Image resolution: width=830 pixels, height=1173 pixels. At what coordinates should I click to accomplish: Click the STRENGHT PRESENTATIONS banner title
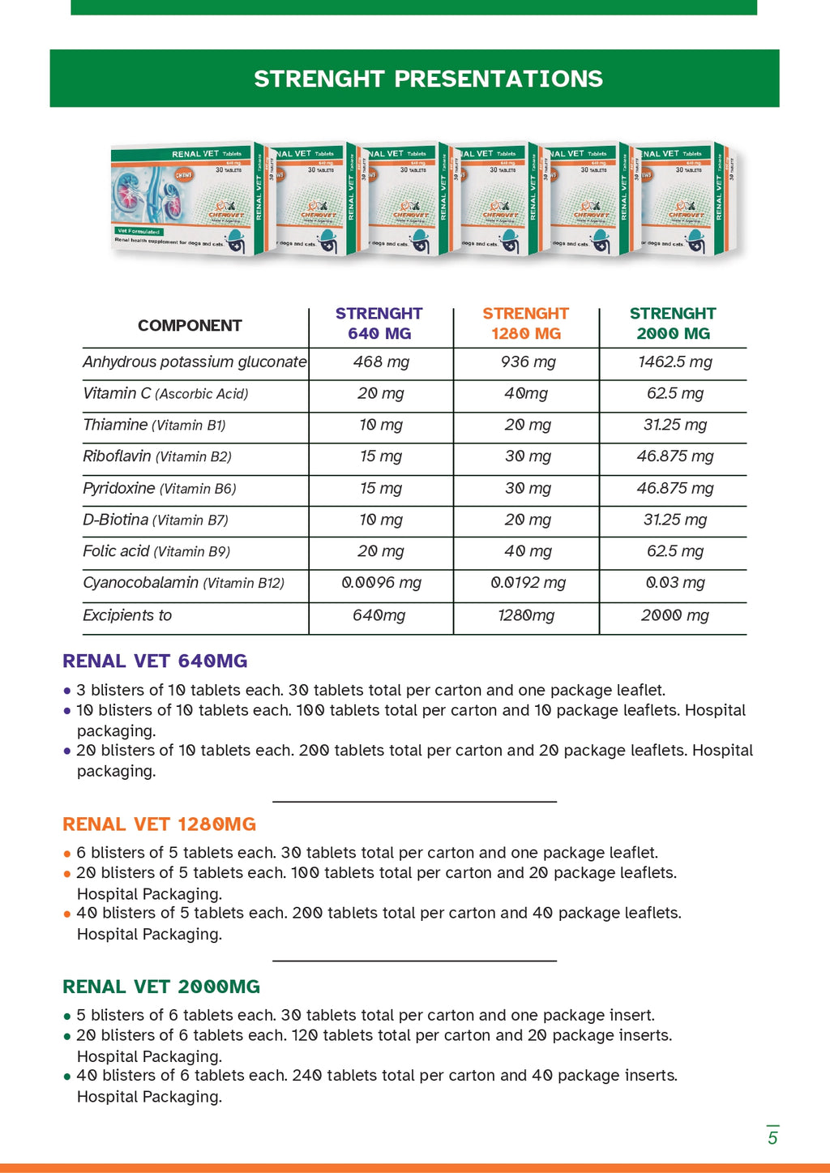pyautogui.click(x=428, y=79)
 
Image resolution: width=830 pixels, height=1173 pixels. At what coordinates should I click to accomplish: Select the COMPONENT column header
pyautogui.click(x=190, y=326)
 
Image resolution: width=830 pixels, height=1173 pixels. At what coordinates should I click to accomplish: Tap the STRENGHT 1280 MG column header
pyautogui.click(x=526, y=323)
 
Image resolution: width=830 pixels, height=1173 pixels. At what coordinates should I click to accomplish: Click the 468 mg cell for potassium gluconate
pyautogui.click(x=381, y=362)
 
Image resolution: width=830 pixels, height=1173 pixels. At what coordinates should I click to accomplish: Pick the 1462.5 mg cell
pyautogui.click(x=674, y=362)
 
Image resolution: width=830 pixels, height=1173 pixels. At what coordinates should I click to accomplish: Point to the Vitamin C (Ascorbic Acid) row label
pyautogui.click(x=165, y=394)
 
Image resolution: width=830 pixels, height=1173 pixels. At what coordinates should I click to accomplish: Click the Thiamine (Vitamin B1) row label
pyautogui.click(x=154, y=426)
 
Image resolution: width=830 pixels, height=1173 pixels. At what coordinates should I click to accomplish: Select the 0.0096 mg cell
pyautogui.click(x=381, y=583)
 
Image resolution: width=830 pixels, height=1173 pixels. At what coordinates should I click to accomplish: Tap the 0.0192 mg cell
pyautogui.click(x=528, y=583)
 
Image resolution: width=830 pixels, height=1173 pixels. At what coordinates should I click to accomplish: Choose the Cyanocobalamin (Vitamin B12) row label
pyautogui.click(x=183, y=583)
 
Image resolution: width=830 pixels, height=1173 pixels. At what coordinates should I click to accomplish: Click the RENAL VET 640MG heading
pyautogui.click(x=155, y=661)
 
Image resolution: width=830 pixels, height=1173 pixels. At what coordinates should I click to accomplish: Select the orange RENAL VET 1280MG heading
pyautogui.click(x=159, y=824)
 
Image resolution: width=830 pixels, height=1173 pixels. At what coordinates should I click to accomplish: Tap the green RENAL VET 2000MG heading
pyautogui.click(x=161, y=987)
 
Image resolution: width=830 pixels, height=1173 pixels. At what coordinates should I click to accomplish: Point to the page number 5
pyautogui.click(x=772, y=1137)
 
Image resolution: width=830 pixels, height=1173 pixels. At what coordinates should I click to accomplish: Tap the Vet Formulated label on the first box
pyautogui.click(x=139, y=232)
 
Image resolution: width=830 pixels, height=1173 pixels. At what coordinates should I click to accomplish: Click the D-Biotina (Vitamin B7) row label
pyautogui.click(x=156, y=520)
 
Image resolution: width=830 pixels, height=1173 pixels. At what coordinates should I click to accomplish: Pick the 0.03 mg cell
pyautogui.click(x=674, y=583)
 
